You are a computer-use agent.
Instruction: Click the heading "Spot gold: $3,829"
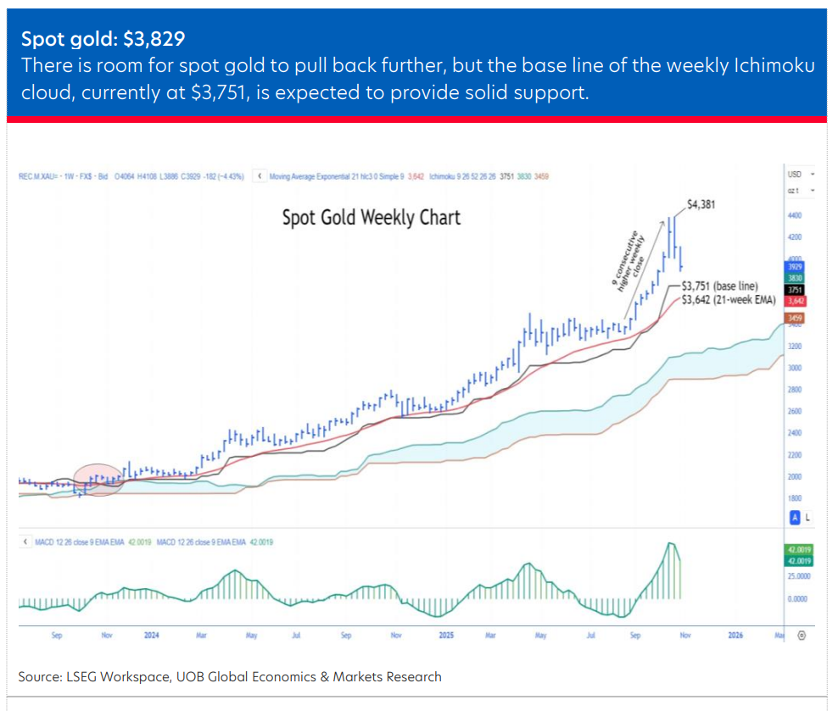103,39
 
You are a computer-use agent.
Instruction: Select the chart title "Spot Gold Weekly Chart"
372,218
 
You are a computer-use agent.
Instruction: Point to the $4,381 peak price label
707,204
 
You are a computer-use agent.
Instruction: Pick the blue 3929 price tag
796,267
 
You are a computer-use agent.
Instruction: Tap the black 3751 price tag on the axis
796,289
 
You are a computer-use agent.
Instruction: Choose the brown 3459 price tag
796,318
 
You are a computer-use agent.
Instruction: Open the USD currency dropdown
800,174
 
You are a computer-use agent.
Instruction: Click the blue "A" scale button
795,517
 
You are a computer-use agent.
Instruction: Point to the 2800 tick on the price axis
796,390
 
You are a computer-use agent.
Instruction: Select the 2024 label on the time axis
152,634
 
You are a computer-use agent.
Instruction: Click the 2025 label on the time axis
446,634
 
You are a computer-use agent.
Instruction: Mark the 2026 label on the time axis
735,634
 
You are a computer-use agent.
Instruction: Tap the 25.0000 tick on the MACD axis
797,576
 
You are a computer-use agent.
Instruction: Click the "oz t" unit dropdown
800,190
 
